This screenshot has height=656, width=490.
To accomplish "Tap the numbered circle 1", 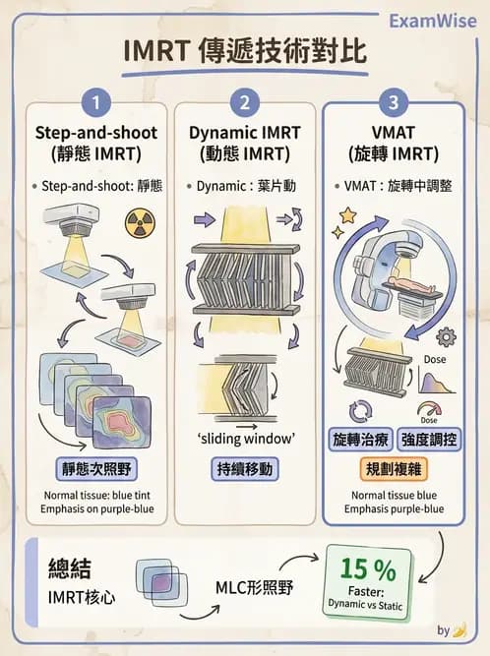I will click(94, 102).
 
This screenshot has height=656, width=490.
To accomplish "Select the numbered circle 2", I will click(244, 102).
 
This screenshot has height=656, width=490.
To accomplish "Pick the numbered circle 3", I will click(394, 102).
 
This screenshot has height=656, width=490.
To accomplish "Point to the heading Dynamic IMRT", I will click(244, 132).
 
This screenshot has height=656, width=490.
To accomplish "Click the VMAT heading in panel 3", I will click(394, 132).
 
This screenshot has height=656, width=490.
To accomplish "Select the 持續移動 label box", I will click(244, 468).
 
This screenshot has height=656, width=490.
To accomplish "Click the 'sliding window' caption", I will click(244, 438).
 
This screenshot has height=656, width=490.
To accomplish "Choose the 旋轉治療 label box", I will click(360, 438).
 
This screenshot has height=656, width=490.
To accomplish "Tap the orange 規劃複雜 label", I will click(394, 467).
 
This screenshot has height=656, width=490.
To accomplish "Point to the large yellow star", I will click(348, 213).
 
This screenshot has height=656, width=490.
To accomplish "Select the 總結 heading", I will click(71, 568).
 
